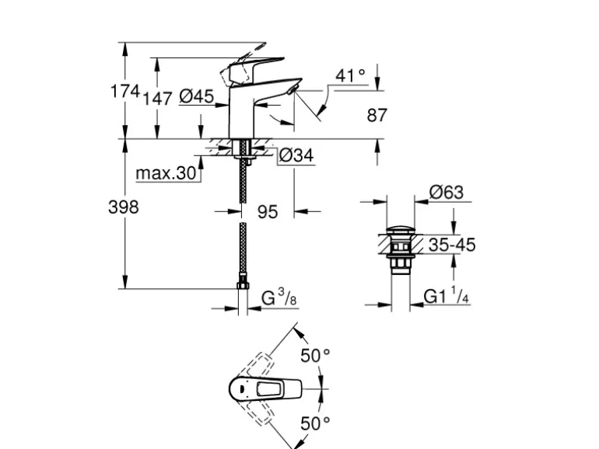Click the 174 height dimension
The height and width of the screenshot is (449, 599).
click(x=123, y=92)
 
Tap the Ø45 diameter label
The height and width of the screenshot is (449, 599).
click(x=196, y=96)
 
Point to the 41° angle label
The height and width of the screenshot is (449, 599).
click(x=350, y=75)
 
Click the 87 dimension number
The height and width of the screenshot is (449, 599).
click(x=377, y=116)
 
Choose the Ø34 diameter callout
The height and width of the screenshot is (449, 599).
click(x=296, y=155)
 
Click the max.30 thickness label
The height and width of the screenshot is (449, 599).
click(x=166, y=172)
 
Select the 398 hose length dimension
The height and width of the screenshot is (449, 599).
click(x=123, y=207)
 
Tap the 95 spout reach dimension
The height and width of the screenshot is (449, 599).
click(x=267, y=211)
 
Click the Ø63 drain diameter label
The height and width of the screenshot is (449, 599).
click(x=446, y=192)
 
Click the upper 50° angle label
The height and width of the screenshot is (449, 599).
click(x=315, y=356)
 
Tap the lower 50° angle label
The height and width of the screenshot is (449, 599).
click(x=315, y=423)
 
